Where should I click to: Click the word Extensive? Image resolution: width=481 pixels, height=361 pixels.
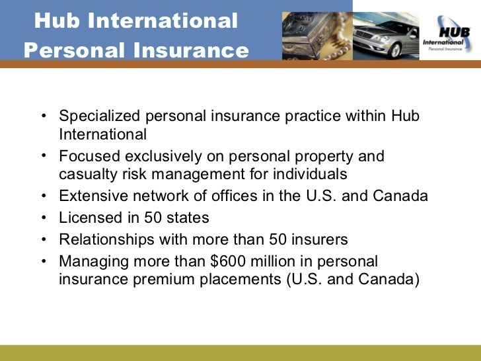click(89, 196)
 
